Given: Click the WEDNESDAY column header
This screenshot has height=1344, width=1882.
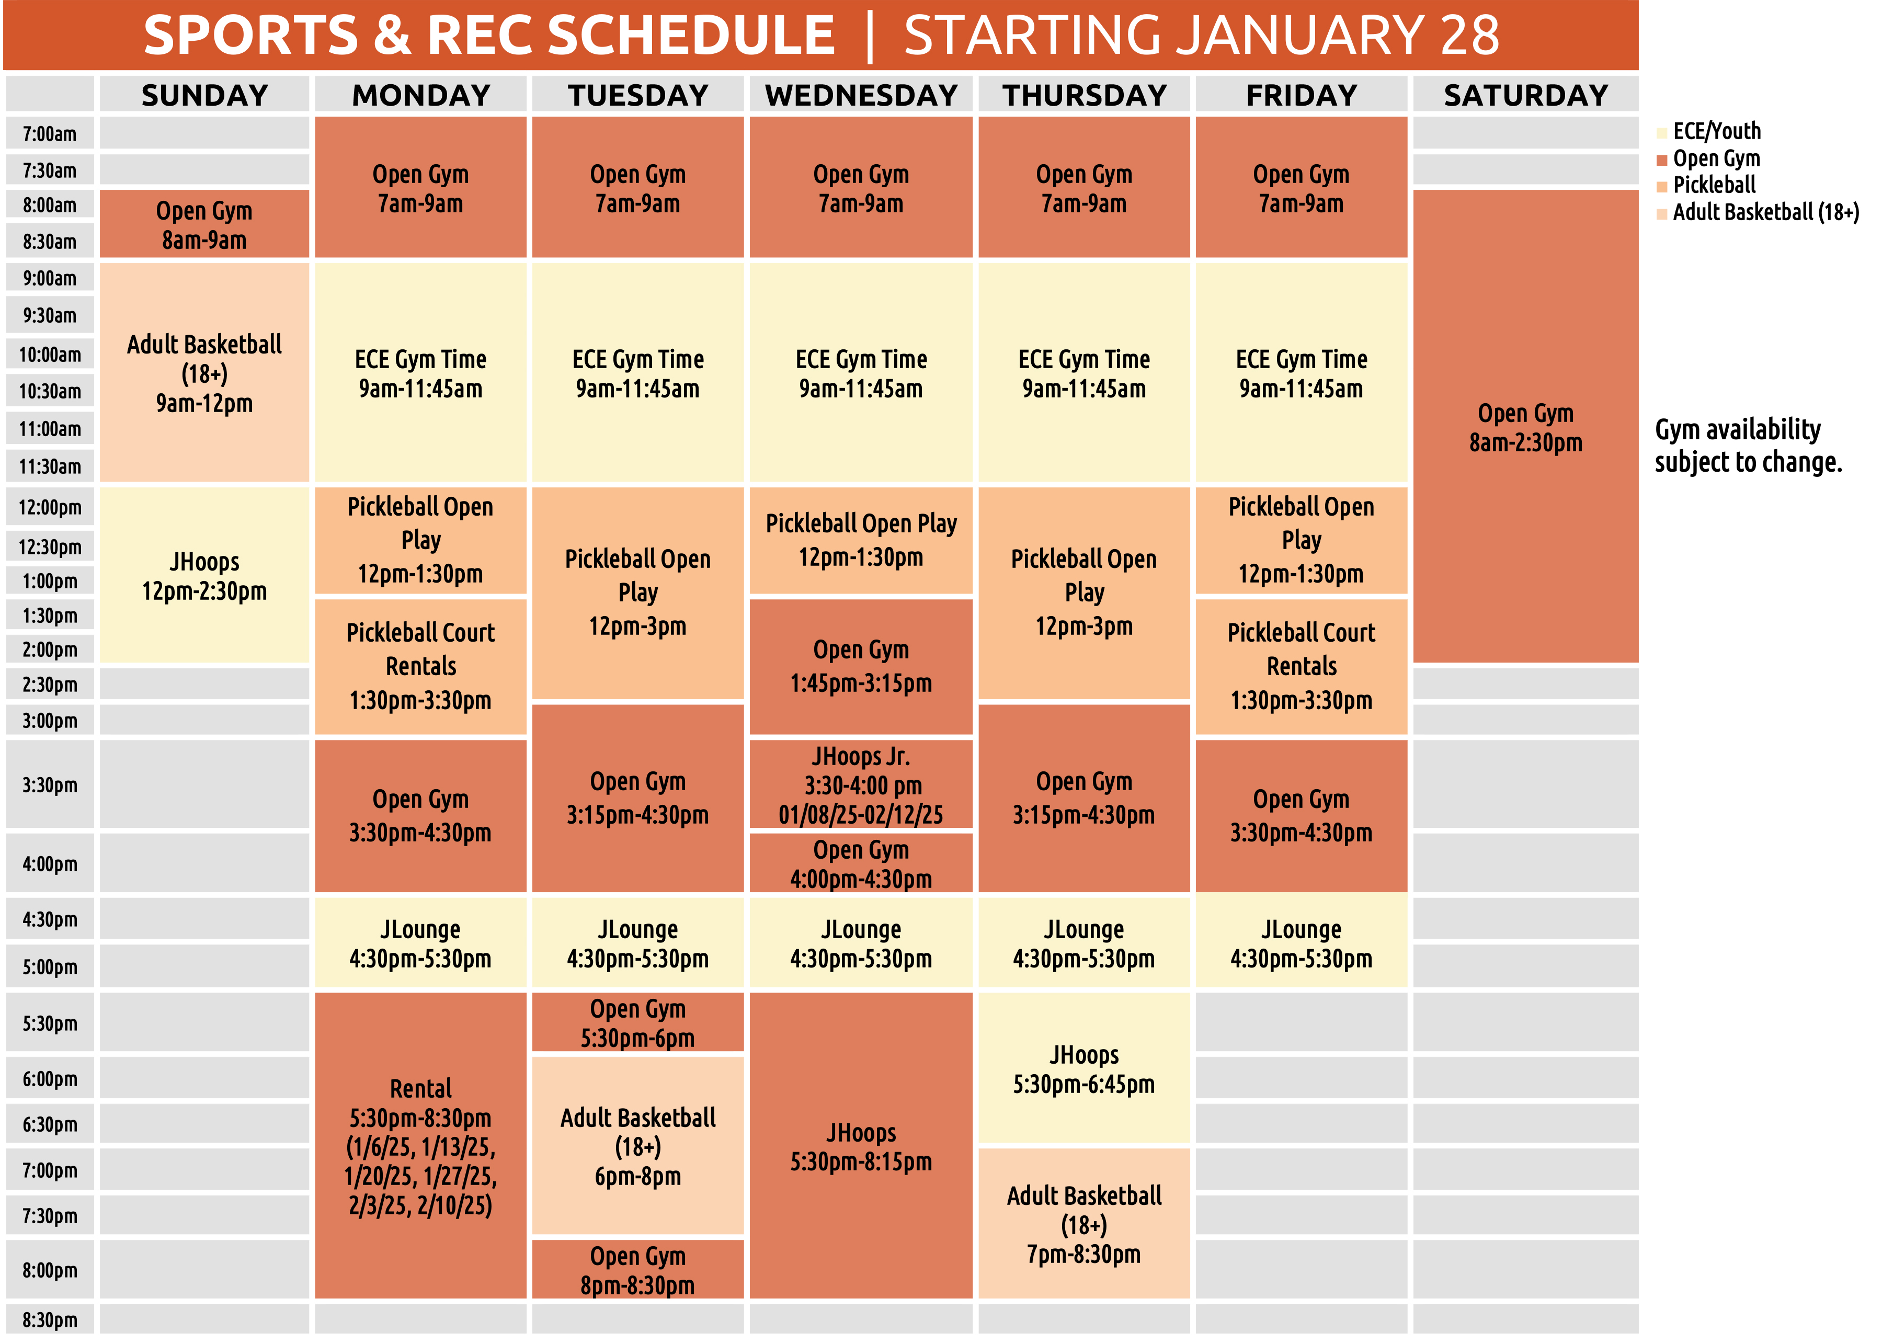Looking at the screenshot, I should click(861, 95).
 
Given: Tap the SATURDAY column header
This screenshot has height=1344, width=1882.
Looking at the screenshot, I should click(1525, 95).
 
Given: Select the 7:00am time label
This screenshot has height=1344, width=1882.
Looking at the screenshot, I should click(50, 134).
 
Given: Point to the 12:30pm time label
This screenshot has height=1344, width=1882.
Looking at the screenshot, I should click(50, 547).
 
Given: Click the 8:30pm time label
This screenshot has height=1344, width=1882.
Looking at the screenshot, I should click(50, 1320).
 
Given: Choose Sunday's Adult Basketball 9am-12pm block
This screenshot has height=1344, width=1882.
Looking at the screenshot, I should click(204, 373).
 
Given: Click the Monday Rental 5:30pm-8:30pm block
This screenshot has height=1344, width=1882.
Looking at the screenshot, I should click(420, 1146).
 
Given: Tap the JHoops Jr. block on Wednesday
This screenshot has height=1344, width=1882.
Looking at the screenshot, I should click(861, 784).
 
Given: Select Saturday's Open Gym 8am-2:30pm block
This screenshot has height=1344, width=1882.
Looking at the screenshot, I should click(1525, 427).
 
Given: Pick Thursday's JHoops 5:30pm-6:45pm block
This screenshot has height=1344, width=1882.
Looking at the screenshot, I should click(1083, 1069).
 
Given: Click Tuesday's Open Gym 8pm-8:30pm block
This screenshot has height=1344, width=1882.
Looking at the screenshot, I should click(637, 1270).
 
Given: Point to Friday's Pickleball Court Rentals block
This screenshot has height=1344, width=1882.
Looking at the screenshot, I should click(1301, 666).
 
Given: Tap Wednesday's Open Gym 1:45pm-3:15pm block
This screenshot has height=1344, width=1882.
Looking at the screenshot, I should click(861, 666).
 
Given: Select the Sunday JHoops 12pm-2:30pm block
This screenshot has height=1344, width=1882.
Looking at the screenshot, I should click(204, 576).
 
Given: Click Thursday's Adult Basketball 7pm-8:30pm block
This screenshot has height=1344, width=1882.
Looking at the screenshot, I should click(1083, 1225).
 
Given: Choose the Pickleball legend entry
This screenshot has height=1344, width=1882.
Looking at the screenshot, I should click(1713, 185).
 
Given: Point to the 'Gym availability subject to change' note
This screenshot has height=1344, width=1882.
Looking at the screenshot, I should click(1748, 445).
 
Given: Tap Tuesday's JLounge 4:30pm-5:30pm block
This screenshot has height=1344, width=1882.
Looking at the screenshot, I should click(637, 943).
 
